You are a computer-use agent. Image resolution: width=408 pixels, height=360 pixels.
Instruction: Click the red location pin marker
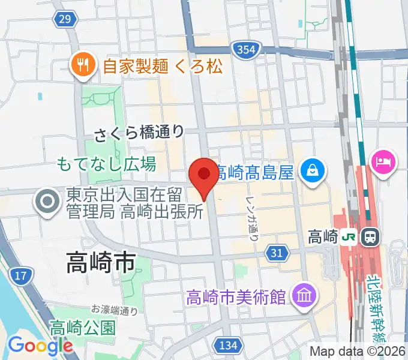204,175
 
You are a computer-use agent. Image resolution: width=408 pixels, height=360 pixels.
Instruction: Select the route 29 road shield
65,20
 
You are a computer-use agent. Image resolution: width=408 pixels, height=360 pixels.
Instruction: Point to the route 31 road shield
276,253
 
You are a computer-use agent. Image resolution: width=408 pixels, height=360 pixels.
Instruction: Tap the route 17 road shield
21,277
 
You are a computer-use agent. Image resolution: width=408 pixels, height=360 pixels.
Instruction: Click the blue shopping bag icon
313,170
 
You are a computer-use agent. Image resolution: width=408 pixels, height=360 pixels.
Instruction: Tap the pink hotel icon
383,161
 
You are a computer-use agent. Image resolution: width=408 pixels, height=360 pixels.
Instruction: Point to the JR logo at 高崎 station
348,236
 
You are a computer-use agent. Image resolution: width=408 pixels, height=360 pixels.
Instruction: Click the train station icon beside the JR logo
370,236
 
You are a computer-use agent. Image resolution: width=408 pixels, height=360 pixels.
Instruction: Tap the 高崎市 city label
101,262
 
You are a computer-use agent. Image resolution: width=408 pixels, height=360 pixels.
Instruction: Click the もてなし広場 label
106,163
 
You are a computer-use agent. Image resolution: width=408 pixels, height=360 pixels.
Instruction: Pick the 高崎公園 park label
82,328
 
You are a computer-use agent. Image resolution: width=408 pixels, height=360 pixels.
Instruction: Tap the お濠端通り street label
115,310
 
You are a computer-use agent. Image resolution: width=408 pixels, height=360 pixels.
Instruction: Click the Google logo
40,346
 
